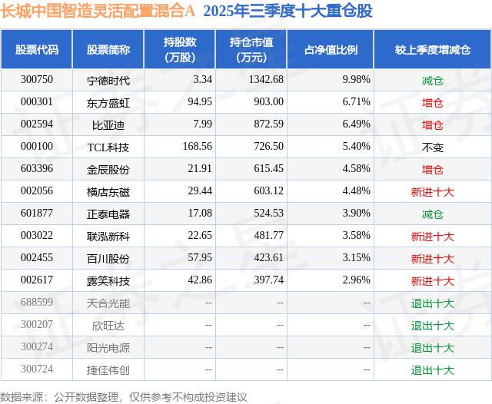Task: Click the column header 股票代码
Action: pos(37,50)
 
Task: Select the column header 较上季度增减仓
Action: pos(432,50)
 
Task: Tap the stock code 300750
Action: pos(37,80)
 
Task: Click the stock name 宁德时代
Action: pos(108,80)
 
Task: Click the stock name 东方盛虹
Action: pos(108,102)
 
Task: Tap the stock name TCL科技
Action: pos(108,147)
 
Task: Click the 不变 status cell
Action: pos(432,147)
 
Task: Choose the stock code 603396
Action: pos(37,169)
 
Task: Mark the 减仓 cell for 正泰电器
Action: pos(432,214)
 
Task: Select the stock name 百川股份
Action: pos(108,259)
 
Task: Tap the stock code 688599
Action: pos(37,303)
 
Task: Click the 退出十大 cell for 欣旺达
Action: pos(432,326)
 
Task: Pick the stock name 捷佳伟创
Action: pos(108,370)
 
